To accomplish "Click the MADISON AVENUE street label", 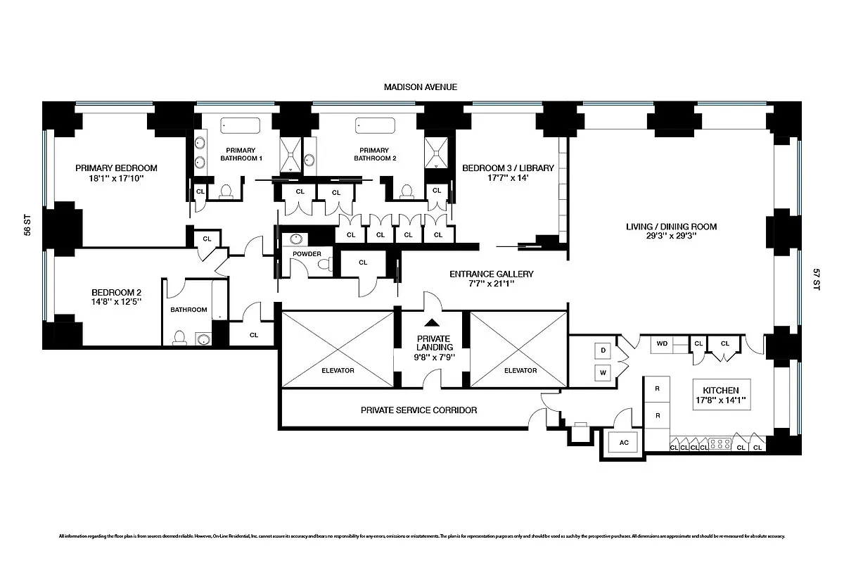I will coord(421,87).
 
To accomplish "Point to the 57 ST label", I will coord(817,279).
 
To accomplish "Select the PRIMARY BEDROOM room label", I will coord(116,168).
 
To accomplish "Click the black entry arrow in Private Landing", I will coord(433,323).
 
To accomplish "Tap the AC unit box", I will coord(623,443).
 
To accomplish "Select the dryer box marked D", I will coord(603,350).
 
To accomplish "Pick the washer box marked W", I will coord(603,372).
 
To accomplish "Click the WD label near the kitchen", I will coord(662,343).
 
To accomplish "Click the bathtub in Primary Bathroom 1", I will coord(240,126).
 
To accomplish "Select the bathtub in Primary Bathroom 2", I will coord(376,126).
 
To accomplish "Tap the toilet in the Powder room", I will coord(325,264).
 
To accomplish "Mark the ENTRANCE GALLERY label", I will coord(492,274).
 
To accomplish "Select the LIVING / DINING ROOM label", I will coord(671,227).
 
